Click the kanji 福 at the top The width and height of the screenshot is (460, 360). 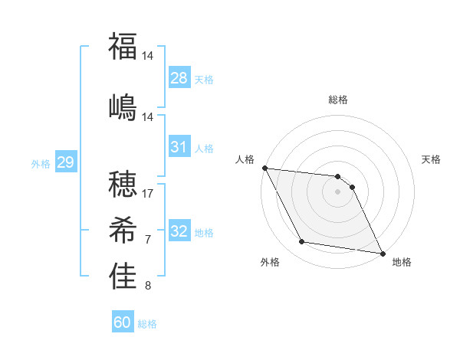pos(123,46)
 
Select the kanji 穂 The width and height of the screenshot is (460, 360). pos(123,185)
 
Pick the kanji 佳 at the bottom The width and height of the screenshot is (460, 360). pos(123,277)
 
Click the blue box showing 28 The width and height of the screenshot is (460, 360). pos(179,77)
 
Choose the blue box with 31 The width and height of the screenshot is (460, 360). pos(179,147)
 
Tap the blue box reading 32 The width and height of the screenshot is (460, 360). pos(179,231)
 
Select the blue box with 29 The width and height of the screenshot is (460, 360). pos(65,162)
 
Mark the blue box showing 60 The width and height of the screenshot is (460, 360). pos(123,322)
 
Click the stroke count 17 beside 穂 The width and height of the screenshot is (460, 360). pos(148,193)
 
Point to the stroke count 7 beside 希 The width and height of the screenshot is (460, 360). pos(148,240)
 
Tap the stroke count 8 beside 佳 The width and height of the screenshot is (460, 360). pos(148,286)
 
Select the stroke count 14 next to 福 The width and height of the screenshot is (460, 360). pos(148,56)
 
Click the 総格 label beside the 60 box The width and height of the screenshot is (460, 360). pos(147,324)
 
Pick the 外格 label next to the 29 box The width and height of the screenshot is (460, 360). pos(41,163)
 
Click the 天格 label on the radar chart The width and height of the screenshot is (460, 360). pos(432,159)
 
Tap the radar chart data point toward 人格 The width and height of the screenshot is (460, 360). pos(264,168)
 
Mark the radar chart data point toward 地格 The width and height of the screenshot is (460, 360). pos(382,253)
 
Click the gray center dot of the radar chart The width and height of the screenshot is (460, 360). pos(337,191)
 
